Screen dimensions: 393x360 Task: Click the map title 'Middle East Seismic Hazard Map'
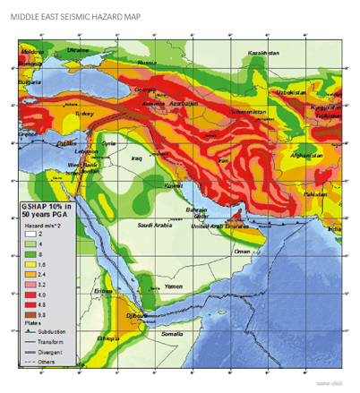(79, 13)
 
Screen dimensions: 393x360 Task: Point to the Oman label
(241, 252)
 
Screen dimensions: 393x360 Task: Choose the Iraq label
(137, 158)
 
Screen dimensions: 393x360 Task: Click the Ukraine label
(79, 50)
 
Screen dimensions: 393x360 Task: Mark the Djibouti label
(139, 316)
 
